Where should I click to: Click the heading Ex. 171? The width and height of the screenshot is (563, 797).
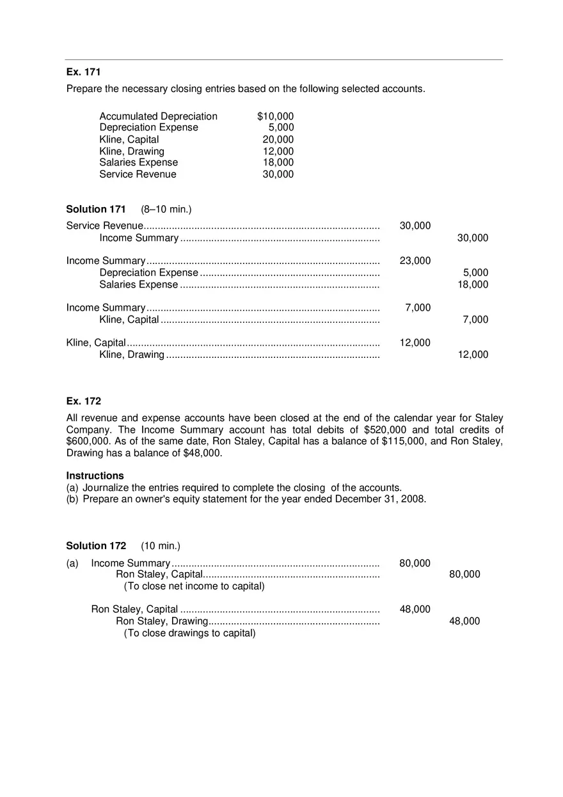point(83,72)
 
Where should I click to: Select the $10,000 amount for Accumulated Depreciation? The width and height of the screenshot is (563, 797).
point(275,116)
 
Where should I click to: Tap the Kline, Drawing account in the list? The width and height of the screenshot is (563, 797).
point(132,151)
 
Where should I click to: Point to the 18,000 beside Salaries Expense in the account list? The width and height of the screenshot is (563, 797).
point(278,163)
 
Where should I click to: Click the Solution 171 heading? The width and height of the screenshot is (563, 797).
point(96,210)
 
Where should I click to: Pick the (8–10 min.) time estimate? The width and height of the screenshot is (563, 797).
point(166,210)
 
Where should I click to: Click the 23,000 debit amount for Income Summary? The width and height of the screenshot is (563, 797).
point(415,261)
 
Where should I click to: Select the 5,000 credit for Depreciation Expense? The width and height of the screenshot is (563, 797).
point(475,273)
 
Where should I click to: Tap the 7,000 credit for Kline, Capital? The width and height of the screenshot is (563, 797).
point(475,320)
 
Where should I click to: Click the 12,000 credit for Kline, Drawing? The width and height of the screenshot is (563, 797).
point(473,355)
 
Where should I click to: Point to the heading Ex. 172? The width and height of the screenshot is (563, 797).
point(83,401)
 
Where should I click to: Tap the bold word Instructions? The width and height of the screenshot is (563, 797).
point(95,476)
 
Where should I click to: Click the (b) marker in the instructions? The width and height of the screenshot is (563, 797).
point(72,499)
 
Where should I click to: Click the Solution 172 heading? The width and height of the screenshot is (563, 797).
point(96,546)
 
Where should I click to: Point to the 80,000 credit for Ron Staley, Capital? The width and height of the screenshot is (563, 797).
point(464,575)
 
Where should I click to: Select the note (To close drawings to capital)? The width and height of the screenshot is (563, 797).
point(189,633)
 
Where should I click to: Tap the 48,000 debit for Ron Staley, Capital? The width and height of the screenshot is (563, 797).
point(415,610)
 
